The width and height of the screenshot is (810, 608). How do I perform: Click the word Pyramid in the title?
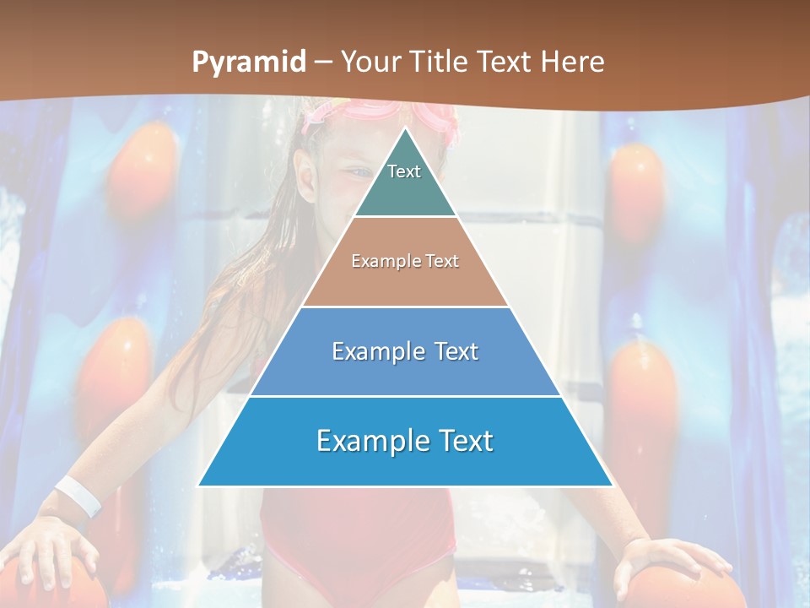(x=248, y=62)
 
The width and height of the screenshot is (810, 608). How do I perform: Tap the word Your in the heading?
(x=371, y=62)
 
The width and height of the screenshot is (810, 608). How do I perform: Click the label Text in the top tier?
(x=404, y=171)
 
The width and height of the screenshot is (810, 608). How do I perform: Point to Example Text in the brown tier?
(x=405, y=261)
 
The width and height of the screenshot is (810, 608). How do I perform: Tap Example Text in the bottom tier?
(x=405, y=441)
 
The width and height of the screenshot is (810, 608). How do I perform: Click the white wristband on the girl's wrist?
(x=78, y=495)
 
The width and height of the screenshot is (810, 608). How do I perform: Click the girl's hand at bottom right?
(x=667, y=562)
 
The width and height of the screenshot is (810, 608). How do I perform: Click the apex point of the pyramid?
(x=405, y=129)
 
